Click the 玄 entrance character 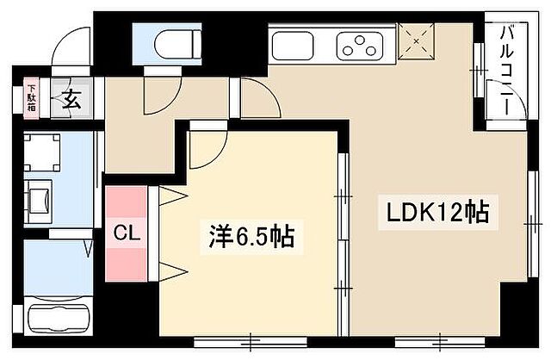click(73, 99)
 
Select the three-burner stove click(360, 43)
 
